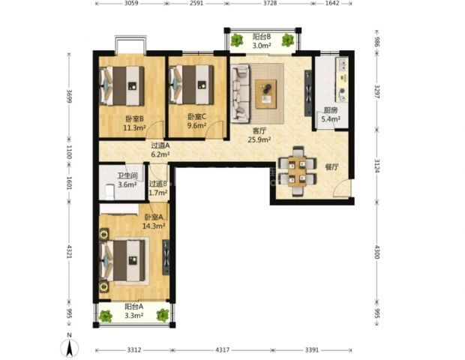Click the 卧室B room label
pos(135,119)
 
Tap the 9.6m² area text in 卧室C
pos(197,125)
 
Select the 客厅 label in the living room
pos(259,130)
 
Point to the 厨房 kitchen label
pos(330,110)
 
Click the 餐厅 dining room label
pos(331,167)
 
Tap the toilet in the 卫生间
pos(110,191)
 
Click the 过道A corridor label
pos(160,145)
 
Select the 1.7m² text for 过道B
pos(158,193)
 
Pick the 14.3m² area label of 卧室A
pos(154,226)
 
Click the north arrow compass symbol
pos(70,346)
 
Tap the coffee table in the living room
pos(266,94)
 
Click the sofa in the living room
pos(241,94)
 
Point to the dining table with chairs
pos(297,172)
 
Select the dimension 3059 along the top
pos(131,3)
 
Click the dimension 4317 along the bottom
pos(223,350)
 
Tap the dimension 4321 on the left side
pos(69,251)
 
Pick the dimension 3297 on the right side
pos(376,92)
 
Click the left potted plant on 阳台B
pos(237,40)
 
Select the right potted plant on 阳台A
pos(163,316)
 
